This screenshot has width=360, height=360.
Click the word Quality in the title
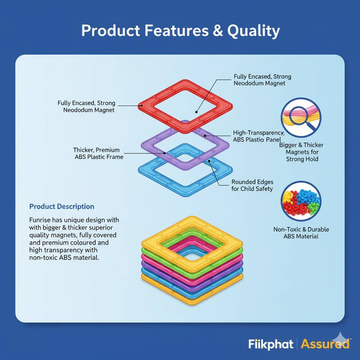click(254, 31)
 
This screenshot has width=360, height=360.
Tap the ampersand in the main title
click(218, 31)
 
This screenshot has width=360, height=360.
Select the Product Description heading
click(62, 206)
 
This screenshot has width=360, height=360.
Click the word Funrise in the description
click(40, 220)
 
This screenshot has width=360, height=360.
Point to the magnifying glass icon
click(301, 118)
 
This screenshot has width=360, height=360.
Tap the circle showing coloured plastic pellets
click(301, 201)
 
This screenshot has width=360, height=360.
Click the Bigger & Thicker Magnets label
click(302, 152)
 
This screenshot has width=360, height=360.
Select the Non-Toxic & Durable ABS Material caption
click(301, 233)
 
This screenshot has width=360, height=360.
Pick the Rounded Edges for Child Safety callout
click(252, 185)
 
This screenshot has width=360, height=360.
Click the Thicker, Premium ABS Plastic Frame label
click(98, 153)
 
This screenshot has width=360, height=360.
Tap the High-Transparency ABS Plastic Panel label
click(258, 136)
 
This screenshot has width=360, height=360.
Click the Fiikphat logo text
click(271, 344)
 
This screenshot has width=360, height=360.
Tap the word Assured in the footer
click(325, 344)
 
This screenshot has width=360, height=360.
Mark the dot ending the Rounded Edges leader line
click(209, 161)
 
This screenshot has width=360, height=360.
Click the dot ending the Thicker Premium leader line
click(164, 153)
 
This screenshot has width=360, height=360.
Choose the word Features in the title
click(177, 31)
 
